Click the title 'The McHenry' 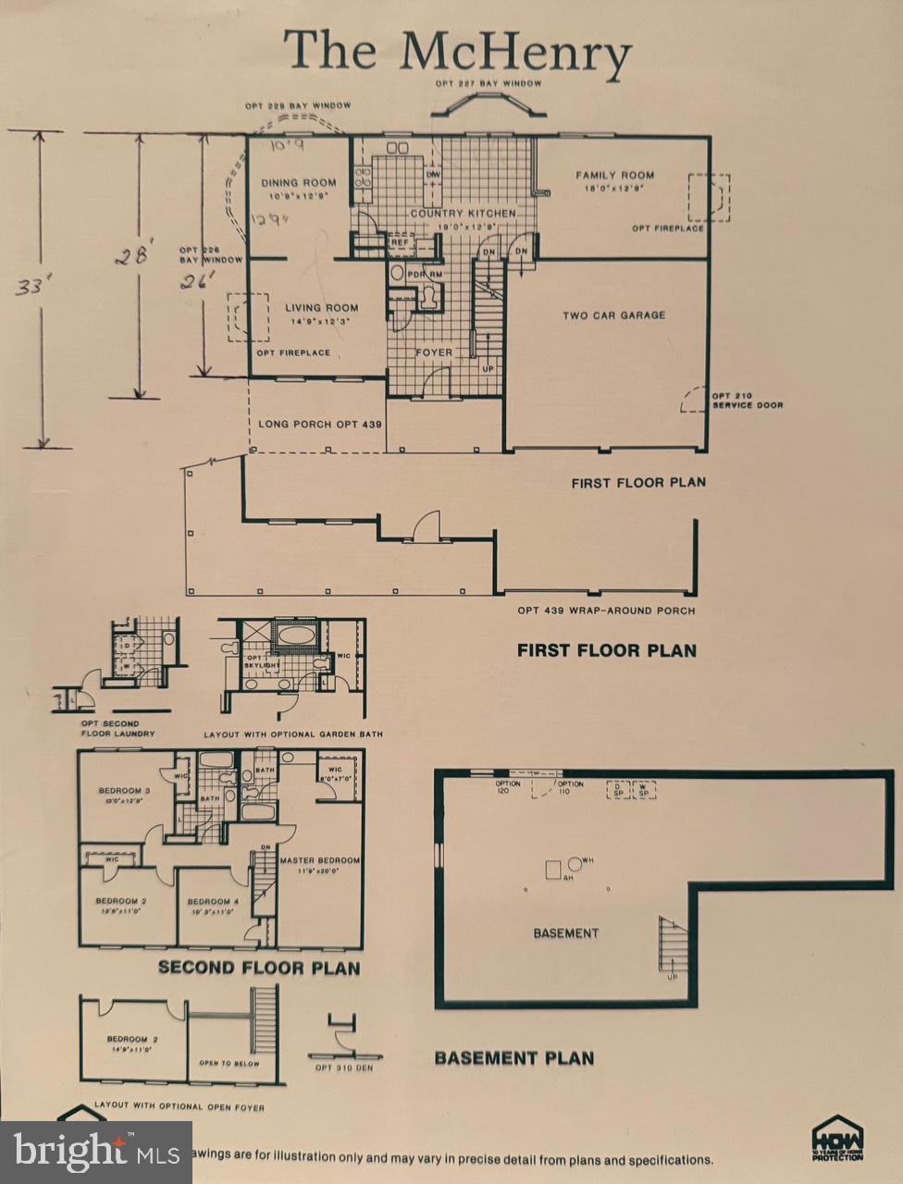[457, 52]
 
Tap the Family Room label [614, 175]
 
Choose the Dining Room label [298, 183]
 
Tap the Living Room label [321, 308]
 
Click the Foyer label [434, 352]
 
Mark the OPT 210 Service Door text [747, 401]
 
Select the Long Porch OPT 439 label [320, 424]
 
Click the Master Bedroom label [319, 860]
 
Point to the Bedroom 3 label [124, 790]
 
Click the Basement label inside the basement [565, 933]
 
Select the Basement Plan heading [514, 1058]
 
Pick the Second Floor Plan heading [258, 968]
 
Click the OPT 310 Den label [343, 1067]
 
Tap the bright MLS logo [96, 1153]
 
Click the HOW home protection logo [837, 1138]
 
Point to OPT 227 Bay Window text [489, 83]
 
